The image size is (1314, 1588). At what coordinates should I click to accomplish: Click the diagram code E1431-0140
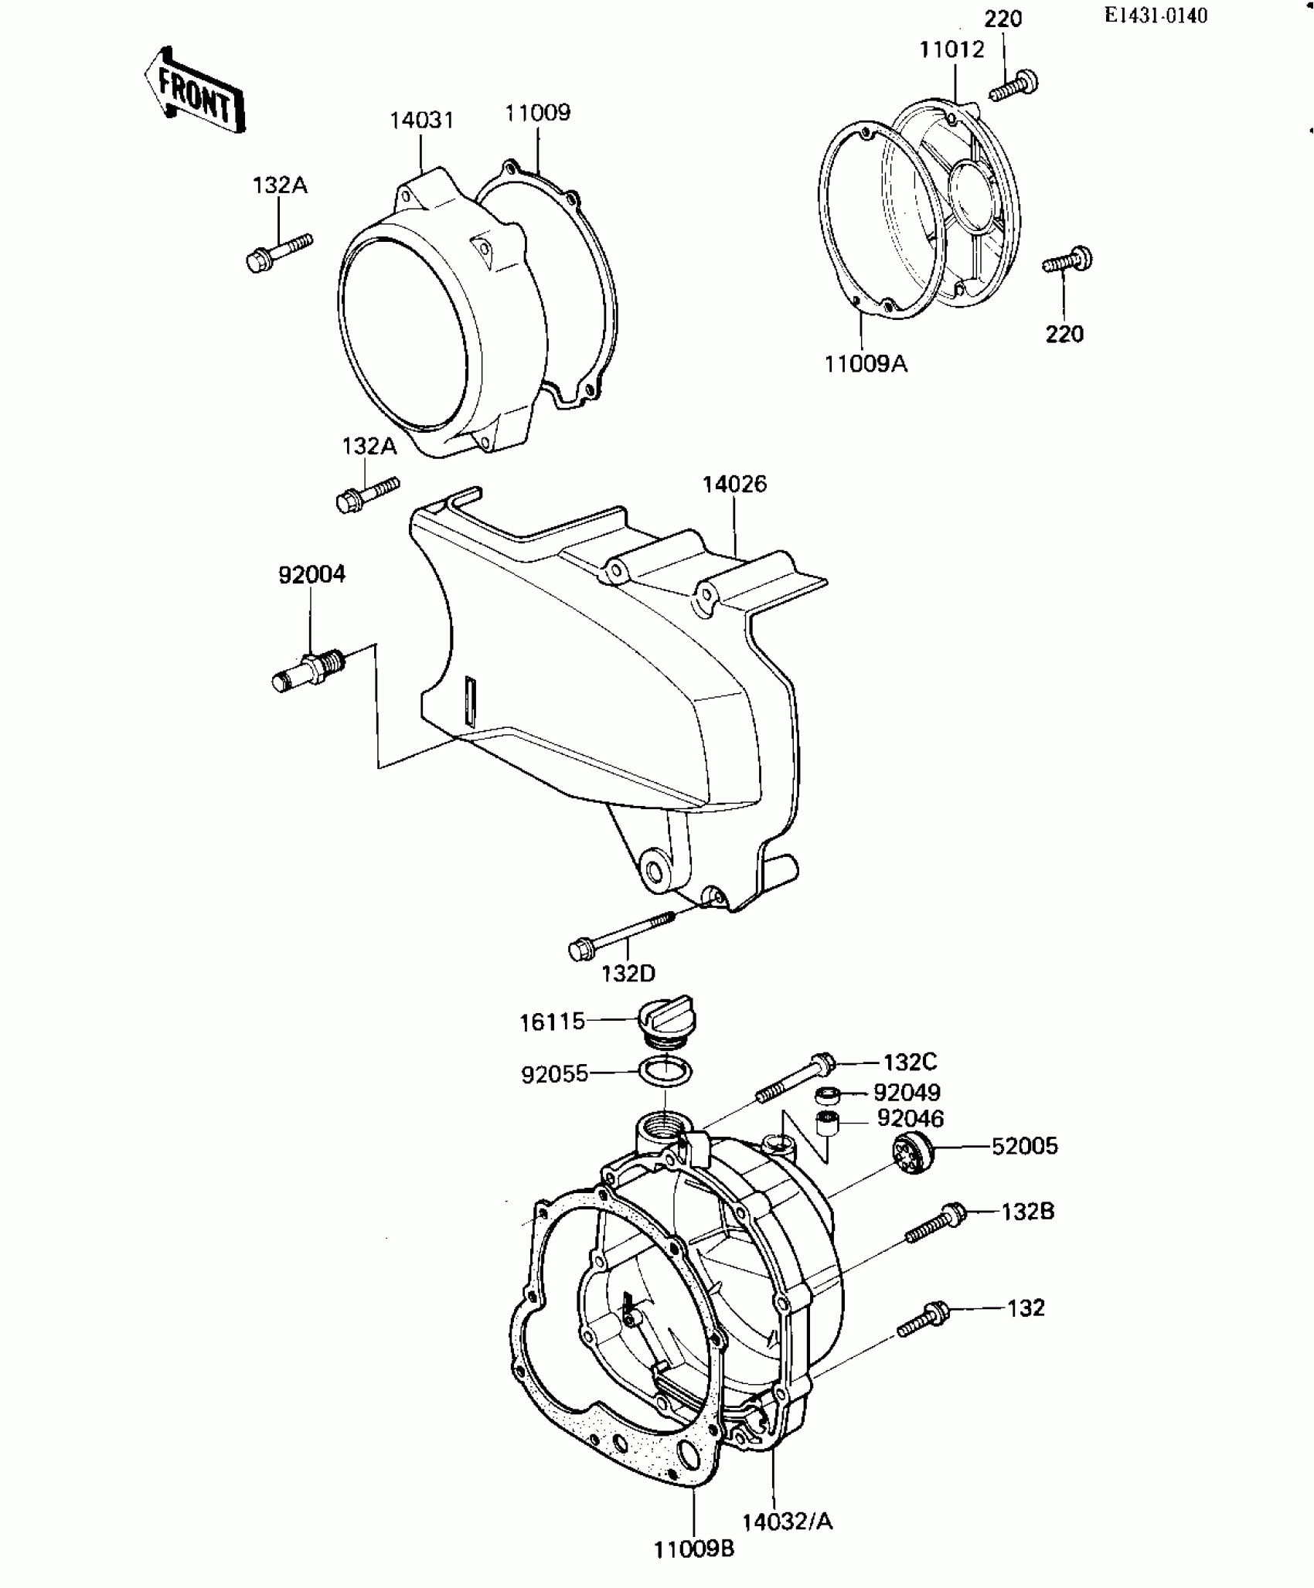click(1156, 15)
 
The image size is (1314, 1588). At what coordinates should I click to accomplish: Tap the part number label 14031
click(421, 121)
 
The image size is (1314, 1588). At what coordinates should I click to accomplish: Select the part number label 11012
click(951, 50)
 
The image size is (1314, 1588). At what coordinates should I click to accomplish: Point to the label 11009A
click(865, 363)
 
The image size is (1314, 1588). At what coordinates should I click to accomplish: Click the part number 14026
click(734, 485)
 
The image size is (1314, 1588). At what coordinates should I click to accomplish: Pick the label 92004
click(311, 574)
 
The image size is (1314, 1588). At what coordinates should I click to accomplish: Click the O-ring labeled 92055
click(666, 1073)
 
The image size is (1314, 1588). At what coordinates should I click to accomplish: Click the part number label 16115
click(552, 1022)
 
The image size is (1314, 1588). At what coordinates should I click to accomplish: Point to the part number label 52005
click(1024, 1146)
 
